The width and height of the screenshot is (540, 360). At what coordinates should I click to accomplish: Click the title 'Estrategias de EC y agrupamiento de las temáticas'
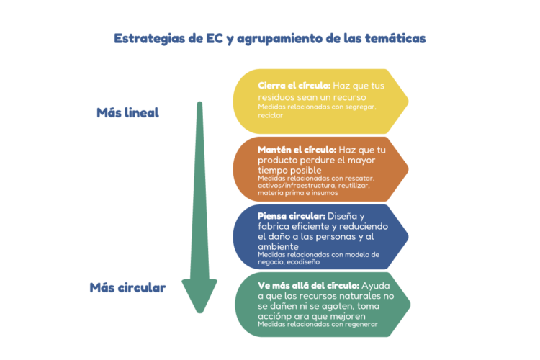click(270, 39)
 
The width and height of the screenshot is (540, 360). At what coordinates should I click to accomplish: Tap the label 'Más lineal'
click(127, 112)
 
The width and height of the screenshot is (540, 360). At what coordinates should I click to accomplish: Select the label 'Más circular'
click(127, 288)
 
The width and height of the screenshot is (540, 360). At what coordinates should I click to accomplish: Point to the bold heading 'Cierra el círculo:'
click(294, 86)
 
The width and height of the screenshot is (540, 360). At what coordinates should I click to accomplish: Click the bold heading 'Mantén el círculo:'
click(297, 150)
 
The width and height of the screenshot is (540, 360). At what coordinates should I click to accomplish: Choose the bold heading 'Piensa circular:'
click(292, 216)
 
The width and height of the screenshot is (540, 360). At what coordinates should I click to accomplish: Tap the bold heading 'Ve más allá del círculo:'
click(309, 286)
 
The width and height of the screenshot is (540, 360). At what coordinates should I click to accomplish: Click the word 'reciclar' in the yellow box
click(270, 115)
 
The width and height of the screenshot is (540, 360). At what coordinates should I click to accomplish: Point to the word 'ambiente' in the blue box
click(278, 246)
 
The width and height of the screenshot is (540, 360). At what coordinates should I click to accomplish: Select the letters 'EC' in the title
click(215, 39)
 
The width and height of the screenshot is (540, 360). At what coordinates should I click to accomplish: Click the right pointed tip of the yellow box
click(408, 102)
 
